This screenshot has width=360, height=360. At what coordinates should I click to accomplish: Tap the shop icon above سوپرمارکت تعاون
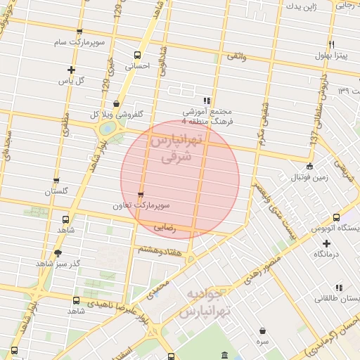[x=141, y=195]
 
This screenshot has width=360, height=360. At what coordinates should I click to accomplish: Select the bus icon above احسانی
[x=138, y=55]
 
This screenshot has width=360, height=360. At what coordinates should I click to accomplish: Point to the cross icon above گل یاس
[x=71, y=70]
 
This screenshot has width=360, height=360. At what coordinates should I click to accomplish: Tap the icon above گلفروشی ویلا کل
[x=116, y=103]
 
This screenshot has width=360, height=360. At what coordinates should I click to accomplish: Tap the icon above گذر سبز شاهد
[x=58, y=253]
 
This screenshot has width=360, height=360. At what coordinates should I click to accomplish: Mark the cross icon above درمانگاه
[x=326, y=243]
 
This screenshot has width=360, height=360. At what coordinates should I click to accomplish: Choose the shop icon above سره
[x=262, y=330]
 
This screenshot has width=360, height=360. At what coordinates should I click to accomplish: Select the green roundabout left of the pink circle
[x=108, y=129]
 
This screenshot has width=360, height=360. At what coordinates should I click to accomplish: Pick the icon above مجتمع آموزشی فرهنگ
[x=207, y=101]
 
